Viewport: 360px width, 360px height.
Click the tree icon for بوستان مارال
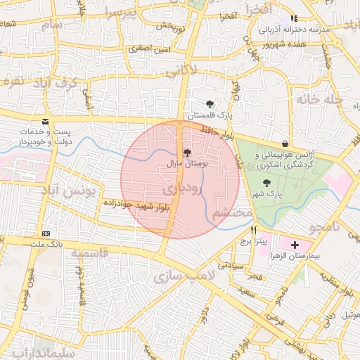click(x=186, y=152)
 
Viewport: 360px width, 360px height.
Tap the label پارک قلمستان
click(x=209, y=115)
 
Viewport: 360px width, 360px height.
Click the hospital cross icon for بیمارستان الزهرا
click(x=294, y=245)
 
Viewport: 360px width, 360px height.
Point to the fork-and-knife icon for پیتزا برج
click(x=254, y=230)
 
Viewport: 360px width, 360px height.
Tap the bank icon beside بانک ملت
click(x=46, y=233)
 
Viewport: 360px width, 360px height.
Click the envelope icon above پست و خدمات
click(x=46, y=121)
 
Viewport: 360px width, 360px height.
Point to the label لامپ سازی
click(x=181, y=276)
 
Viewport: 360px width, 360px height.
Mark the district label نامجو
click(x=326, y=226)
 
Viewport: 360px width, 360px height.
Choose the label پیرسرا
click(x=119, y=13)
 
